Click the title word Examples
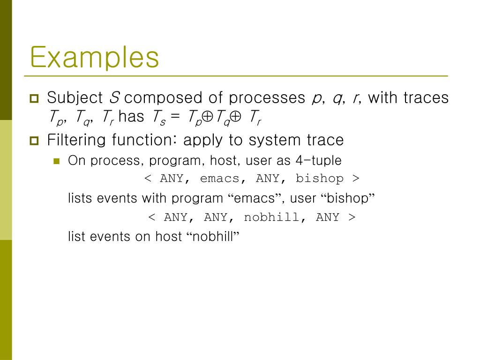click(x=95, y=58)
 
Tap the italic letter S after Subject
click(x=114, y=97)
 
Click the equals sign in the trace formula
click(x=175, y=117)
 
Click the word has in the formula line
click(x=131, y=117)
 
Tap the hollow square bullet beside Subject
click(x=34, y=98)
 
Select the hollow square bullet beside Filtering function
click(x=34, y=141)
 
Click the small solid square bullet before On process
click(x=57, y=161)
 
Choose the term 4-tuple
click(x=318, y=160)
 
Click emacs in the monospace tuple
click(x=219, y=179)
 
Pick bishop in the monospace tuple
click(x=319, y=179)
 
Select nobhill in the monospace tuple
click(x=271, y=217)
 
